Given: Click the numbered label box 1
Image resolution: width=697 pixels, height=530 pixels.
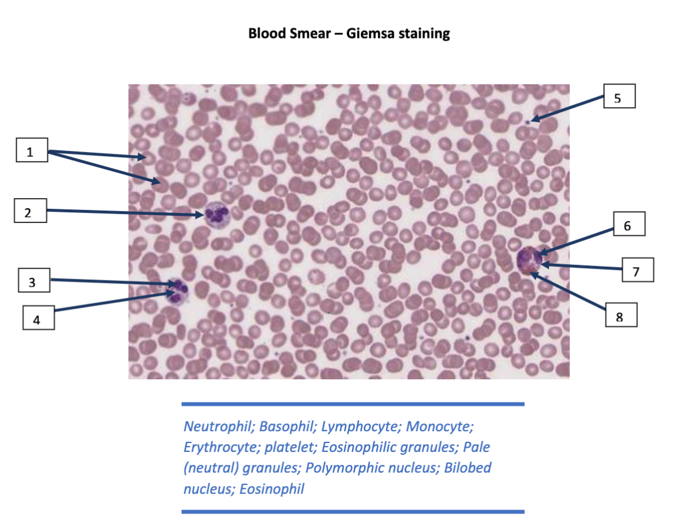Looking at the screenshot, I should [x=31, y=152].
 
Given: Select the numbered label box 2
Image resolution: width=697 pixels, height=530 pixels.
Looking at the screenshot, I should [x=31, y=212].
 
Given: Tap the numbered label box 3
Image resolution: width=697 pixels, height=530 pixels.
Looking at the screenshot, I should [x=33, y=282].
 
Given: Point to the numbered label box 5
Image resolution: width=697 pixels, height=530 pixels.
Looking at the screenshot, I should [x=619, y=97].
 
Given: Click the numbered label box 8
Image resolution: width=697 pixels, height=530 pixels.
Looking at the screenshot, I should [x=620, y=316].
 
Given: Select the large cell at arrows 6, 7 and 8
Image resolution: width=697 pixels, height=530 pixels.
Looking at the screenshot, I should [x=529, y=260].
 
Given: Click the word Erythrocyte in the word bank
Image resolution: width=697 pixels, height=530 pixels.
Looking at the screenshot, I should [x=221, y=447].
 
